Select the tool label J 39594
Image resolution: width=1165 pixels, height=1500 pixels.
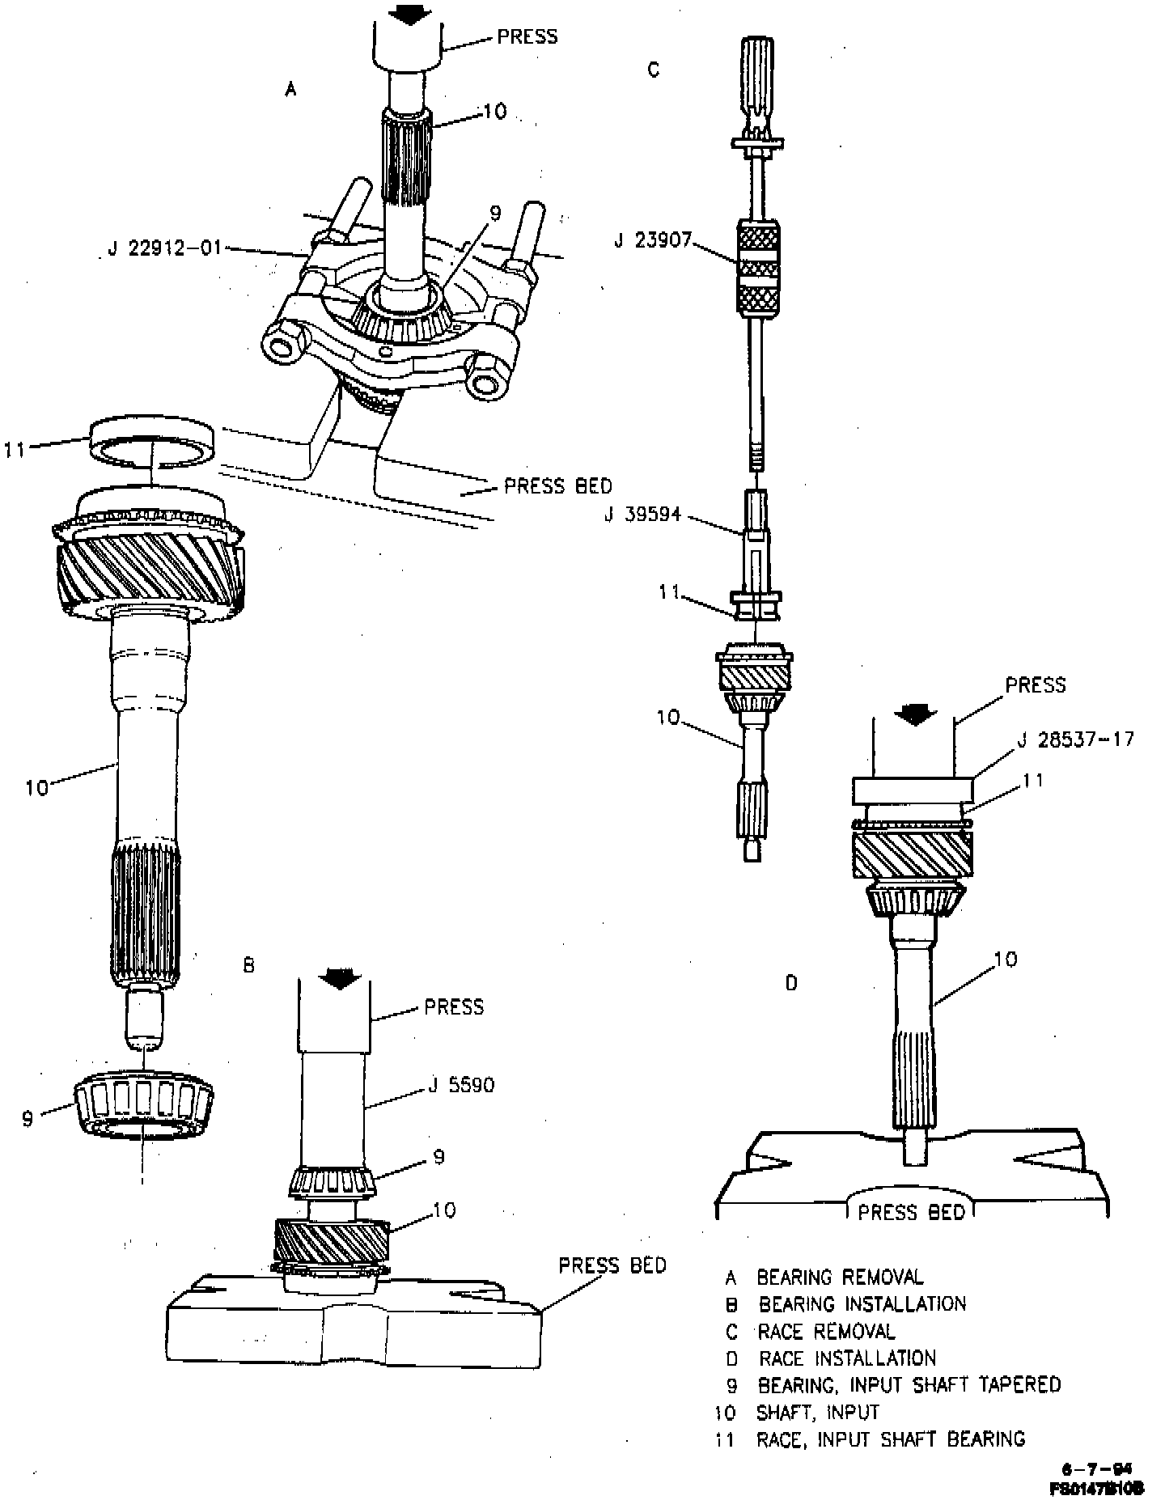(x=642, y=514)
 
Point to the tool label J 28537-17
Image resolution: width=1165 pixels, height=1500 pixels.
(x=1074, y=739)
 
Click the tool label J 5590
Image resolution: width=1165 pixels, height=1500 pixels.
(x=460, y=1084)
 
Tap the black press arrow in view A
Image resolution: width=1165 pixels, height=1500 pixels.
(x=409, y=13)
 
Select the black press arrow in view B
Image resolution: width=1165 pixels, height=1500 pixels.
(x=340, y=979)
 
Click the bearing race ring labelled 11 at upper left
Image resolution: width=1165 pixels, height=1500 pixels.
(x=152, y=440)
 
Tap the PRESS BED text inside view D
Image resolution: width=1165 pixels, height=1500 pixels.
(x=912, y=1211)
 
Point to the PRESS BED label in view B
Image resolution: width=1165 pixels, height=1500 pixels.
(x=612, y=1265)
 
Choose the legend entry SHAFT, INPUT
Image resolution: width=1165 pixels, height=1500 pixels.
(x=817, y=1413)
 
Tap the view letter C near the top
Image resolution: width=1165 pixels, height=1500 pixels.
(x=654, y=70)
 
